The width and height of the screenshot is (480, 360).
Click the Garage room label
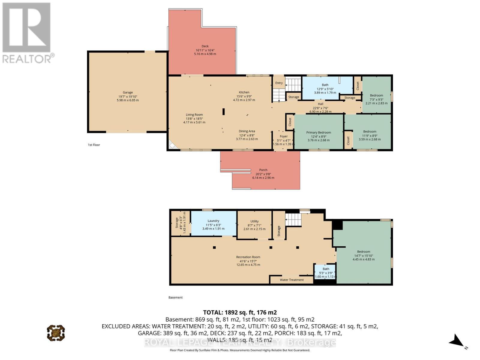click(128, 92)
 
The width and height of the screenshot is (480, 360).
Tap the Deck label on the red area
click(205, 46)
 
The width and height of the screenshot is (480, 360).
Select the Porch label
click(263, 170)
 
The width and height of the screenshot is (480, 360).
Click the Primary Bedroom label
click(319, 133)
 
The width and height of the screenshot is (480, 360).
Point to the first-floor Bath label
click(325, 85)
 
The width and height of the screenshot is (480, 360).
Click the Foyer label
click(283, 136)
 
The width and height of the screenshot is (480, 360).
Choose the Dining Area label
click(247, 131)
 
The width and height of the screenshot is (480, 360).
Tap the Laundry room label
click(213, 221)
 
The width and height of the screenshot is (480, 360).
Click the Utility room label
click(254, 221)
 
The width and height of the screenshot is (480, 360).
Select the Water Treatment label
click(292, 280)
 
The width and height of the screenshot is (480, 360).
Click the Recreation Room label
click(248, 257)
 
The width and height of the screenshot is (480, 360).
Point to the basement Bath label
click(326, 269)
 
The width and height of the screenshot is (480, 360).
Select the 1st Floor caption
click(94, 145)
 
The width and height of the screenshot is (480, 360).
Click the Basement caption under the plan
click(175, 298)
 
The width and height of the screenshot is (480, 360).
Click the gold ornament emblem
click(56, 333)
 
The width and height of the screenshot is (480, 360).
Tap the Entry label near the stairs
click(279, 83)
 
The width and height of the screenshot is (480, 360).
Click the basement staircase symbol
click(293, 220)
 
